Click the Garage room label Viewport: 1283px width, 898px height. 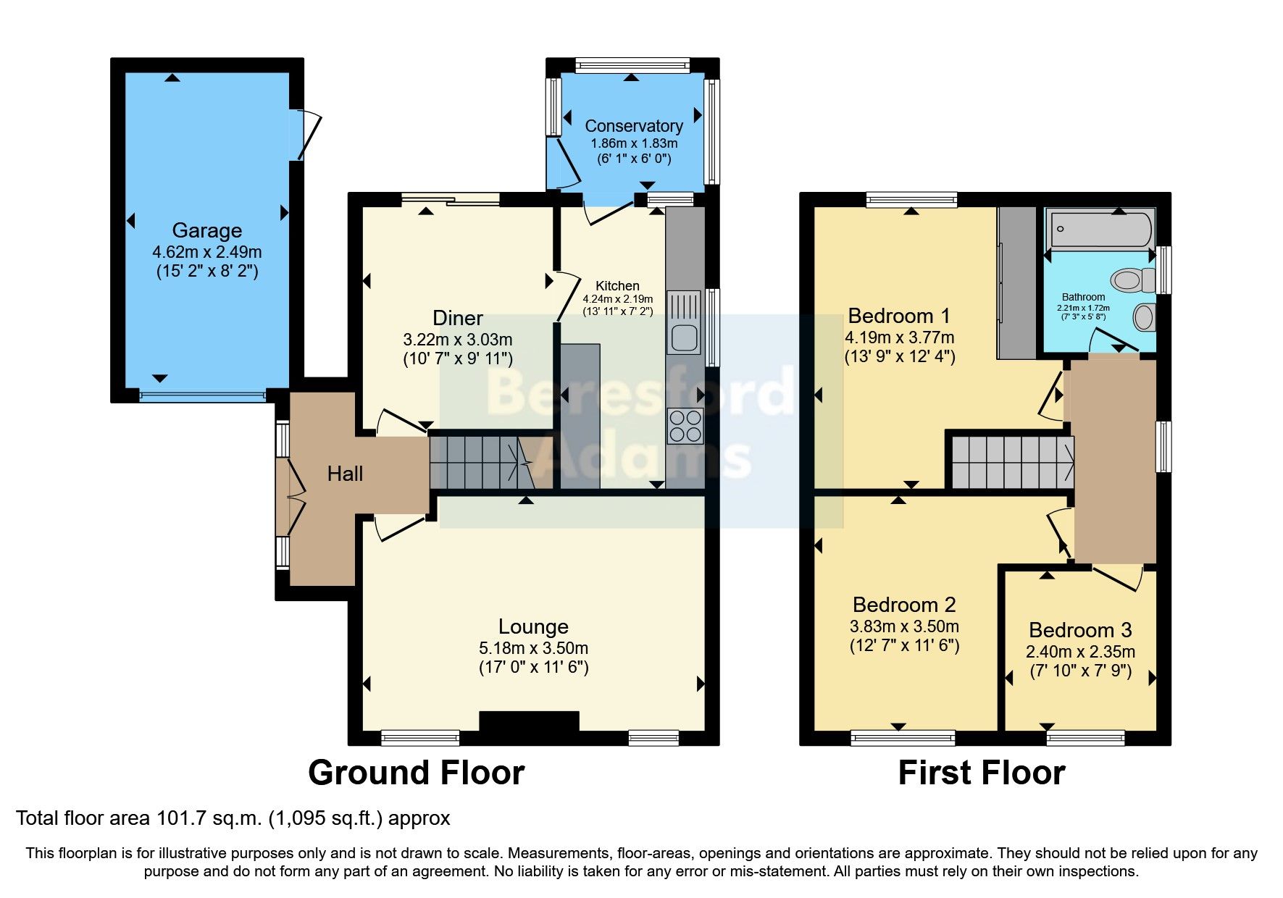(206, 230)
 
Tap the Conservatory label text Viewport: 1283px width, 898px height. (633, 126)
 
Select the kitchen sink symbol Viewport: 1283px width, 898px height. (684, 323)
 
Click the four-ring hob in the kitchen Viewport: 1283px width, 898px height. (685, 425)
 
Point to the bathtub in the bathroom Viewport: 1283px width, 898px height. (1100, 230)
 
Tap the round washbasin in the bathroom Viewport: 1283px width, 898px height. (1142, 317)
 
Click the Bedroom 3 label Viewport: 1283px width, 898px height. (1080, 630)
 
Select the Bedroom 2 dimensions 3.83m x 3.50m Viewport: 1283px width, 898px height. (904, 626)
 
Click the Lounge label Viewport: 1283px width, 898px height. (533, 626)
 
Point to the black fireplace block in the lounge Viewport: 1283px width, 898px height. (529, 721)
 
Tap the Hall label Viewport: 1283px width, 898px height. (345, 474)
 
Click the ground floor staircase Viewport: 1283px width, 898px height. (482, 463)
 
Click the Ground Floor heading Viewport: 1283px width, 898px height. (416, 773)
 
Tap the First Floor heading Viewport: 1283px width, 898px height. (981, 773)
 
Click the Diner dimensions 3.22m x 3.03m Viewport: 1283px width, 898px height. (457, 339)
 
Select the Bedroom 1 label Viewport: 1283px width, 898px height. (898, 316)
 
